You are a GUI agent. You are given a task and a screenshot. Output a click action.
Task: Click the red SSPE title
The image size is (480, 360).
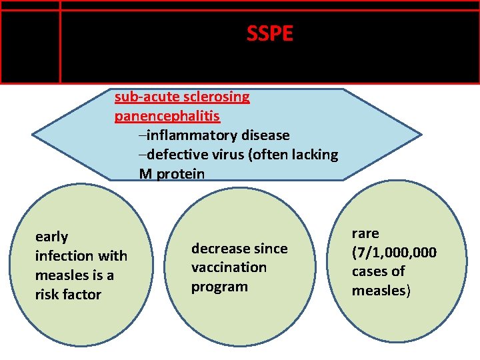pyautogui.click(x=269, y=33)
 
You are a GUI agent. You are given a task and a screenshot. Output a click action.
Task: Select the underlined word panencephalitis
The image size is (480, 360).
pyautogui.click(x=167, y=116)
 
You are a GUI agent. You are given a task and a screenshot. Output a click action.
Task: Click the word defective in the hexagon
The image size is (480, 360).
pyautogui.click(x=176, y=155)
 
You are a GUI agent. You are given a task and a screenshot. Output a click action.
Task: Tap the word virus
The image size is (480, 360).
pyautogui.click(x=227, y=155)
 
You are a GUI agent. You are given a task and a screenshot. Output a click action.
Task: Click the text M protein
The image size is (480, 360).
pyautogui.click(x=172, y=174)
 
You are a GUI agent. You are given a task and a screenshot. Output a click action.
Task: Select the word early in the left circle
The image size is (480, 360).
pyautogui.click(x=51, y=237)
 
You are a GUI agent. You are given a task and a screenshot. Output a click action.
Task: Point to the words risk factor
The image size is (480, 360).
pyautogui.click(x=68, y=294)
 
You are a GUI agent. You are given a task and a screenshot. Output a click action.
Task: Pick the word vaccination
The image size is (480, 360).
pyautogui.click(x=229, y=267)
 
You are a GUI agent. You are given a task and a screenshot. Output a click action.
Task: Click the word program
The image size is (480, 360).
pyautogui.click(x=219, y=287)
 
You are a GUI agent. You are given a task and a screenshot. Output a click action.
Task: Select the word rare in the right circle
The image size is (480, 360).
pyautogui.click(x=365, y=233)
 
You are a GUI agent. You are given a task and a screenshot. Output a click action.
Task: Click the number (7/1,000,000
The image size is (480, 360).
pyautogui.click(x=394, y=253)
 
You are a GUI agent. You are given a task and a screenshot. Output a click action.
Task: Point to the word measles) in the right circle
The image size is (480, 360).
pyautogui.click(x=381, y=291)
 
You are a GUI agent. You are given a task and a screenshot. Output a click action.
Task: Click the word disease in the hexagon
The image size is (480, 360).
pyautogui.click(x=265, y=135)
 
